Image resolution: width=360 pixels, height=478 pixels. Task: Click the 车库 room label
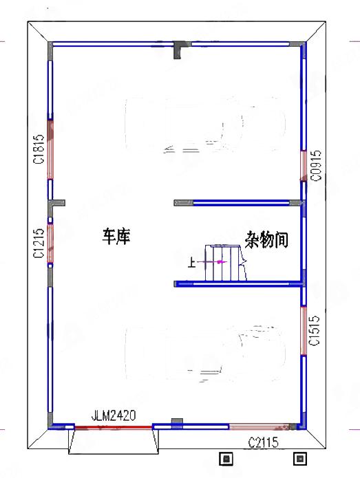point(116,237)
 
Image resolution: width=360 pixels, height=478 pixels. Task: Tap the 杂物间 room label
point(266,240)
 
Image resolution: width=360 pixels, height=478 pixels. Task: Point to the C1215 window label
point(39,244)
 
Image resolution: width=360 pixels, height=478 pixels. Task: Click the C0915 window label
point(315,166)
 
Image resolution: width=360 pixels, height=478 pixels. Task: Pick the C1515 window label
point(315,332)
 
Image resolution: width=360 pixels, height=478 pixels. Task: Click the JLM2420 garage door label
point(114,415)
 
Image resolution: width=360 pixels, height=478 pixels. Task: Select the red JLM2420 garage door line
point(114,427)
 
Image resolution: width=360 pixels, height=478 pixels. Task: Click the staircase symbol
point(226,263)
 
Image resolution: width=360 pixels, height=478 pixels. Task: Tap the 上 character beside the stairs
point(191,262)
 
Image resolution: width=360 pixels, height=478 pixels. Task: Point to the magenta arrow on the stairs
point(220,262)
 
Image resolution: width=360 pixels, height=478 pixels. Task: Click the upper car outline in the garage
point(205,128)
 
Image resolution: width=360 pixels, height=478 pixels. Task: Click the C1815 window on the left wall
point(50,149)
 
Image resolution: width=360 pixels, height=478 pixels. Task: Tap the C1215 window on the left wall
point(50,242)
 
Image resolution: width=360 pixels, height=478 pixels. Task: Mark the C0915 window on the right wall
point(304,165)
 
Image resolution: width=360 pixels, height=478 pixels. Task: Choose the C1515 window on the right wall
point(304,331)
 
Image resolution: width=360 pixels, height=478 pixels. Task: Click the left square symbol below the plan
point(226,457)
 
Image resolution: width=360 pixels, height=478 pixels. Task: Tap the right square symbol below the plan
point(299,457)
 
